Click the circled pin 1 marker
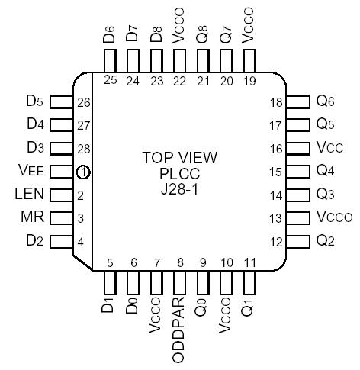tap(82, 172)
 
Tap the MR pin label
tap(32, 218)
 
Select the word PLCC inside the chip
tap(180, 173)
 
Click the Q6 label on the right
tap(325, 101)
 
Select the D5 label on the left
tap(35, 101)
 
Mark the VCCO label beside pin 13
tap(334, 217)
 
